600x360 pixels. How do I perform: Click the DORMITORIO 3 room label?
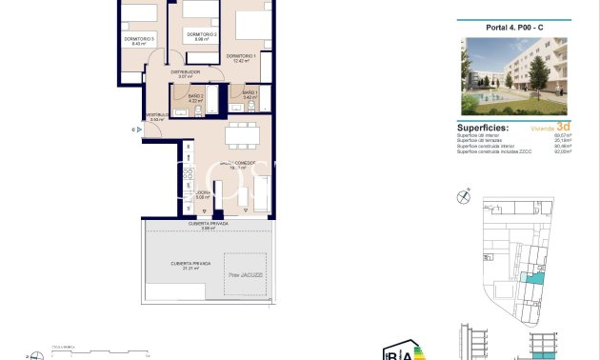139,38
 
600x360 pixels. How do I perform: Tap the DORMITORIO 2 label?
201,35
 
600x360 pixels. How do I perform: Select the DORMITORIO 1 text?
242,56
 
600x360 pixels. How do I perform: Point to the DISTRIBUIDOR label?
185,71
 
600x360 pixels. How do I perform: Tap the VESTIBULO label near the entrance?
158,115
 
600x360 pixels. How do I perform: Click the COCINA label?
202,194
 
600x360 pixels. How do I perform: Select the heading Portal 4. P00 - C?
515,27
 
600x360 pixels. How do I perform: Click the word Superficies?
483,127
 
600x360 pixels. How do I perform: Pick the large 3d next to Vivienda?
564,126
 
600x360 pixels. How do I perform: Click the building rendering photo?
515,75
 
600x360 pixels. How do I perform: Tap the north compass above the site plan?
464,196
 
